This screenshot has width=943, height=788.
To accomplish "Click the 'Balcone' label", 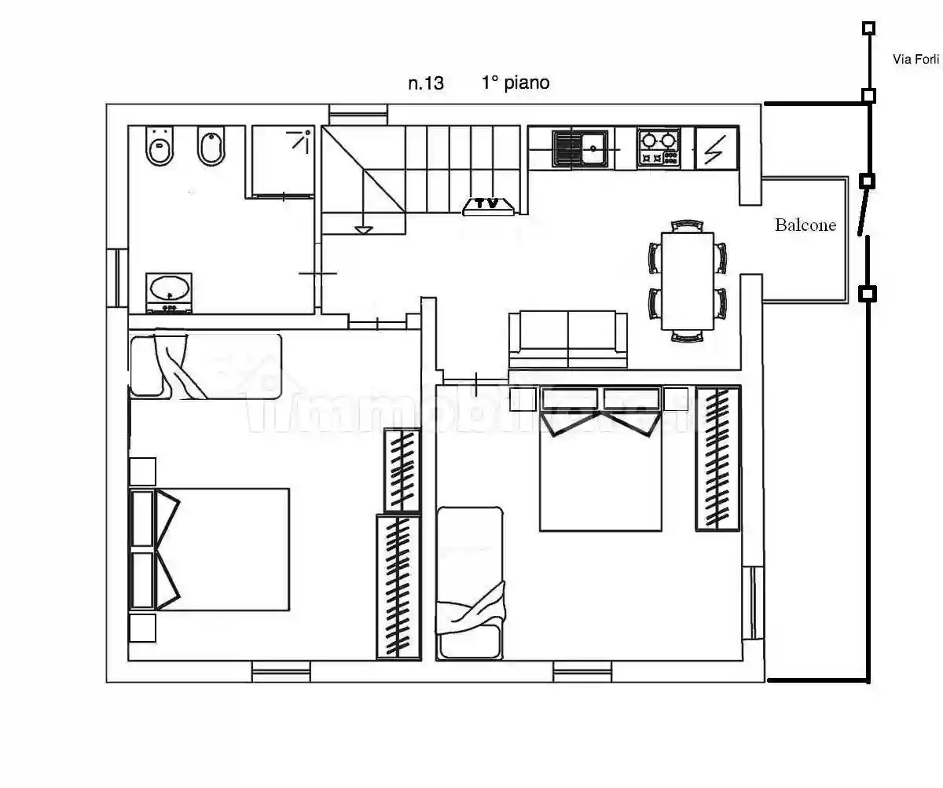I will click(805, 225).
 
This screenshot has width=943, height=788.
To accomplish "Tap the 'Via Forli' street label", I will click(915, 59).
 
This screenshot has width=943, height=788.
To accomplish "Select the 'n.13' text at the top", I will click(425, 83).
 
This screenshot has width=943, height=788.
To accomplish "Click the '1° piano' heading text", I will click(516, 82).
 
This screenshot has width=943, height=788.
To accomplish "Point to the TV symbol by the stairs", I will click(489, 205).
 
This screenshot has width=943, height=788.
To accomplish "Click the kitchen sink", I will click(582, 148).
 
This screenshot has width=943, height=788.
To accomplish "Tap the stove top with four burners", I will click(659, 148).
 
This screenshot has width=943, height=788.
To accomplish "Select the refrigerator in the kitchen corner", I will click(716, 148).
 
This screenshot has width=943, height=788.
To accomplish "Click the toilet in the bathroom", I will click(160, 146).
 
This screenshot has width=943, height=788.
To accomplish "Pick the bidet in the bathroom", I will click(211, 146).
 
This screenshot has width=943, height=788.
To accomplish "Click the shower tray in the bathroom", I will click(282, 160).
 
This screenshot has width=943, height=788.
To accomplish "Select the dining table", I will click(688, 280).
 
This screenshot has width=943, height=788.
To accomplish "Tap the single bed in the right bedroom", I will click(470, 581).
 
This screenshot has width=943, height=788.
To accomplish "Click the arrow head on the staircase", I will click(362, 229).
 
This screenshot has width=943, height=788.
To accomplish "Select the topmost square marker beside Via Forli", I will click(868, 29).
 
